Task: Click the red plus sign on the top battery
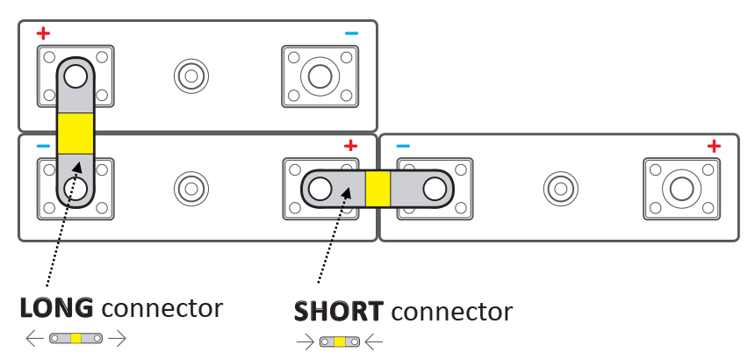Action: point(43,34)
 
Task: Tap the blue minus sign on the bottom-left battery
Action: point(43,146)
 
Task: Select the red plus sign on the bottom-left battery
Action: point(350,146)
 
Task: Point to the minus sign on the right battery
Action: point(403,146)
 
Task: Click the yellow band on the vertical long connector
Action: point(75,132)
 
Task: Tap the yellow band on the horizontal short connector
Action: point(377,188)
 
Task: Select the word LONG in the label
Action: point(57,308)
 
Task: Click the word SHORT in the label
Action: point(338,311)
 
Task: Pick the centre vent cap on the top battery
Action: point(191,76)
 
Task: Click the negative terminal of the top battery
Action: point(320,76)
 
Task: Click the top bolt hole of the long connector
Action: point(75,76)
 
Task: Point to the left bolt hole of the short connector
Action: point(320,188)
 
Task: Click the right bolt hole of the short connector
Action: point(435,188)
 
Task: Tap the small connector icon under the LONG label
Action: point(76,338)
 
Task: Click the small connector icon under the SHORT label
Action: point(340,342)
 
